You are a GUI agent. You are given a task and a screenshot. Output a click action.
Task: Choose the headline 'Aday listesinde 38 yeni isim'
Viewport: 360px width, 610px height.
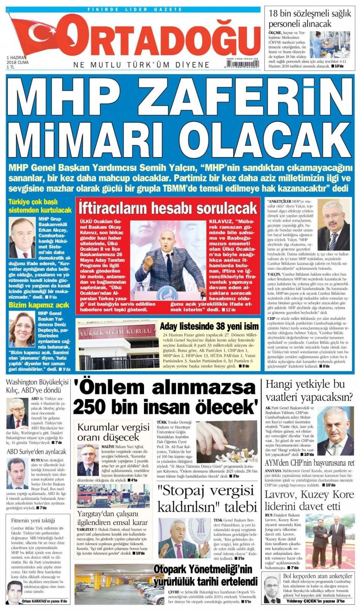[x=209, y=326]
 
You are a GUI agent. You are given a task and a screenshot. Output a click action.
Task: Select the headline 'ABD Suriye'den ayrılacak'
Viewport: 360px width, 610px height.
[x=37, y=451]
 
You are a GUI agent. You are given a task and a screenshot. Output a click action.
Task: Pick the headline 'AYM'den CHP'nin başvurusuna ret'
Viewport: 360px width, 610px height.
[x=309, y=463]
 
